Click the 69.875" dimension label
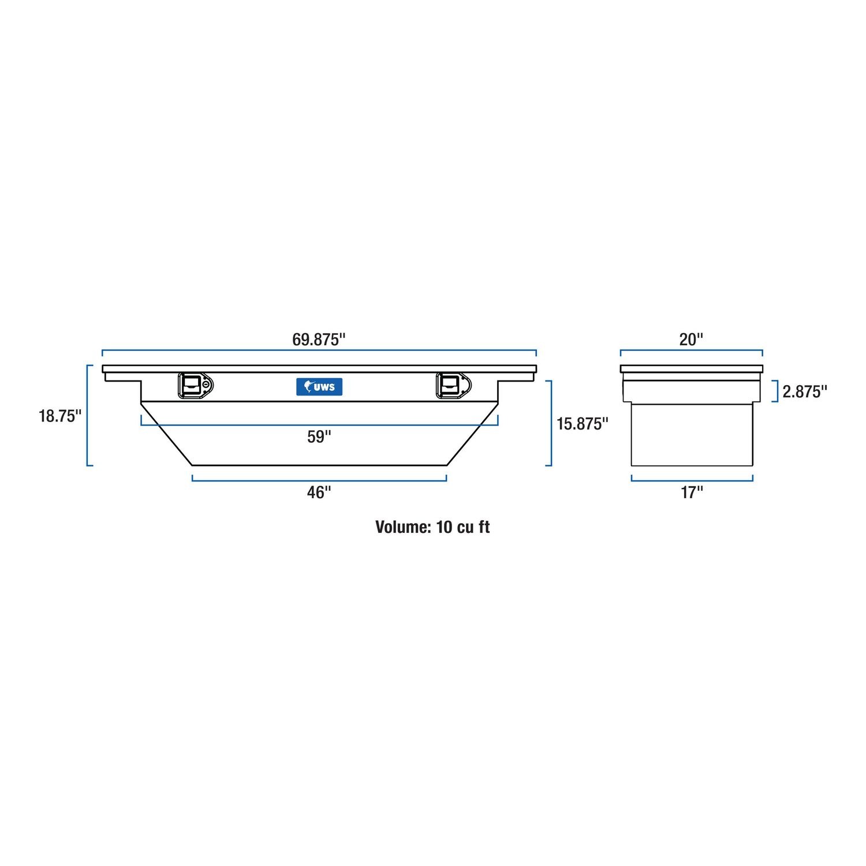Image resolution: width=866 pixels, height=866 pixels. point(319,339)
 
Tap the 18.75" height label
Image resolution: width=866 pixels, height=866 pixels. point(60,416)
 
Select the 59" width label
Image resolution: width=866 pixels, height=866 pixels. point(319,437)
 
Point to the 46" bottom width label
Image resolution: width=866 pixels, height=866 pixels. point(319,492)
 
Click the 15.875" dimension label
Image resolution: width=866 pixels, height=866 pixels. point(582,424)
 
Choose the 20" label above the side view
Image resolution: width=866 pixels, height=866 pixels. point(691,339)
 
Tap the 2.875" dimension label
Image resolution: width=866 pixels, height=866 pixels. point(805,392)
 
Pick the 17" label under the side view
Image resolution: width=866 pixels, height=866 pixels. point(692,492)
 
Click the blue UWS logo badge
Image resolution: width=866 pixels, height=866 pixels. point(319,386)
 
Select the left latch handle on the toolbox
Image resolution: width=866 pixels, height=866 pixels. point(190,385)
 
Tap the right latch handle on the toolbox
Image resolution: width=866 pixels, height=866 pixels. point(449,385)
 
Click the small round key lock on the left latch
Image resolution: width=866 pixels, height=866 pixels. point(206,384)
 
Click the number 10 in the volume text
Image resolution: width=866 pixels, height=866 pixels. point(444,527)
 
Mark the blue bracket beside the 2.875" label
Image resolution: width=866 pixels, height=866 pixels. point(776,391)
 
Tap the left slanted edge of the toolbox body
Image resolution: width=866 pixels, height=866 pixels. point(166,434)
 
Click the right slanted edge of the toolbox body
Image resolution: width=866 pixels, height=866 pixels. point(472,434)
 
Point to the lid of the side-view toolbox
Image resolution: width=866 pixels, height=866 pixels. point(691,369)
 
